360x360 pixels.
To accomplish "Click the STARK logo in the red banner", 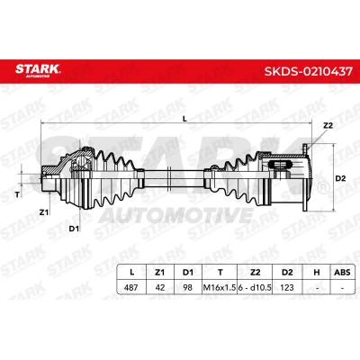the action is coord(38,70).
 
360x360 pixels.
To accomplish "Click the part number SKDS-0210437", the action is coord(308,72).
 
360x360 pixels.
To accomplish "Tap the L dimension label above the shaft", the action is coord(184,119).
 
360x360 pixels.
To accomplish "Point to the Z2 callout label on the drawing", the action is coord(328,126).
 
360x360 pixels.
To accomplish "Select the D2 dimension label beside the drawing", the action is coord(340,178).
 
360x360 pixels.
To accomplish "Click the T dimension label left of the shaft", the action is coord(17,194).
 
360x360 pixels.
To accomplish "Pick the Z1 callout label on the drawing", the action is coord(44,212).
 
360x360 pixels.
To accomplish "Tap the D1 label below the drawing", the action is coord(74,229).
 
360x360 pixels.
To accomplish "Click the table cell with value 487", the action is coord(130,287).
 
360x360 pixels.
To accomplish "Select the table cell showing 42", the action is coord(160,287).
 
